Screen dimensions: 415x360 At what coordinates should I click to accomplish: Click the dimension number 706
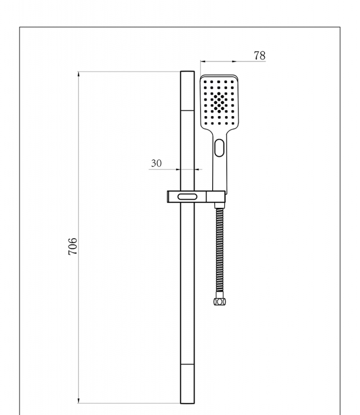tap(74, 246)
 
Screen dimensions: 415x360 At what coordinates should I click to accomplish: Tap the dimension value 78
tap(260, 55)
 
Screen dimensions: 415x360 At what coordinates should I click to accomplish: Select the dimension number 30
tap(156, 163)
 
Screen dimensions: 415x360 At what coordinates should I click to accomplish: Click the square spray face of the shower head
tap(219, 103)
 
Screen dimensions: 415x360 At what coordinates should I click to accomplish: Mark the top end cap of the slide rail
tap(187, 91)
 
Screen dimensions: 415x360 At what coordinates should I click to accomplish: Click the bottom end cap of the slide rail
tap(187, 384)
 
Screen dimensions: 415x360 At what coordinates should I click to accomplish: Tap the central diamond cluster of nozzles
tap(219, 102)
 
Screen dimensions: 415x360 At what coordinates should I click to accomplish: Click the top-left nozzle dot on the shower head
tap(205, 82)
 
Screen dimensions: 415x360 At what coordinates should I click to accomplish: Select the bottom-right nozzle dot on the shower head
tap(232, 123)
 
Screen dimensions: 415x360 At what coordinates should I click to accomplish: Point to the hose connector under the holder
tap(219, 206)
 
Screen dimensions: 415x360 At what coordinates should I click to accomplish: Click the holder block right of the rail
tap(216, 197)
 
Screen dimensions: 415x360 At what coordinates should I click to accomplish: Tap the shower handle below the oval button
tap(220, 171)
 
